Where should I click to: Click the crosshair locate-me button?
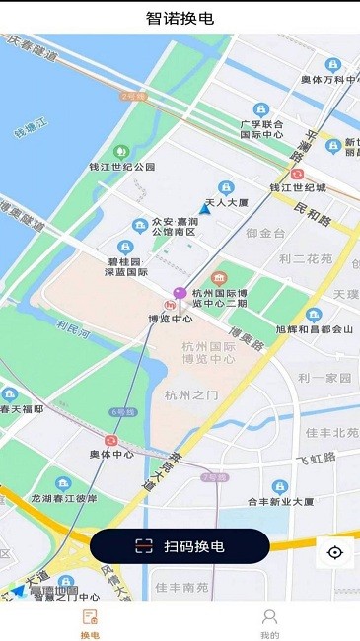(x=335, y=552)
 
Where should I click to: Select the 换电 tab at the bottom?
(x=90, y=624)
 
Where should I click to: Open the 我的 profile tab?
(x=269, y=624)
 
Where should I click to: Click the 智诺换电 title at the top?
(x=180, y=18)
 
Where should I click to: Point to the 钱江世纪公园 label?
(x=122, y=167)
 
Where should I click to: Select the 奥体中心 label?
(x=111, y=455)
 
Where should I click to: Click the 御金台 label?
(x=265, y=234)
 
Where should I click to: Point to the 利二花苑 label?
(x=306, y=259)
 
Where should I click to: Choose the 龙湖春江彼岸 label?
(x=64, y=498)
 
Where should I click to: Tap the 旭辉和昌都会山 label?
(x=314, y=329)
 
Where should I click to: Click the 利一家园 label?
(x=324, y=379)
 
